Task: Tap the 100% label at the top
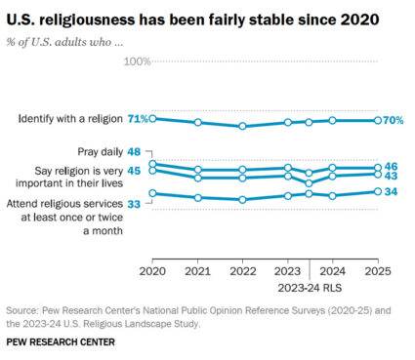(136, 61)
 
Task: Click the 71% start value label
(138, 119)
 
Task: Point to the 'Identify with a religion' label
(69, 119)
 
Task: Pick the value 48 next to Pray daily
(134, 152)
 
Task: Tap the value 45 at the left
(134, 172)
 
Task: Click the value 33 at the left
(134, 203)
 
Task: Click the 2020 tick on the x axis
(152, 270)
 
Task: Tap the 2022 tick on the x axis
(242, 270)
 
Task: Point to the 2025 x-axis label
(378, 270)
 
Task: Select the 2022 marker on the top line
(242, 126)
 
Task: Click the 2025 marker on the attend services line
(378, 191)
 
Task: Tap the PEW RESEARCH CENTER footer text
(61, 343)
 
